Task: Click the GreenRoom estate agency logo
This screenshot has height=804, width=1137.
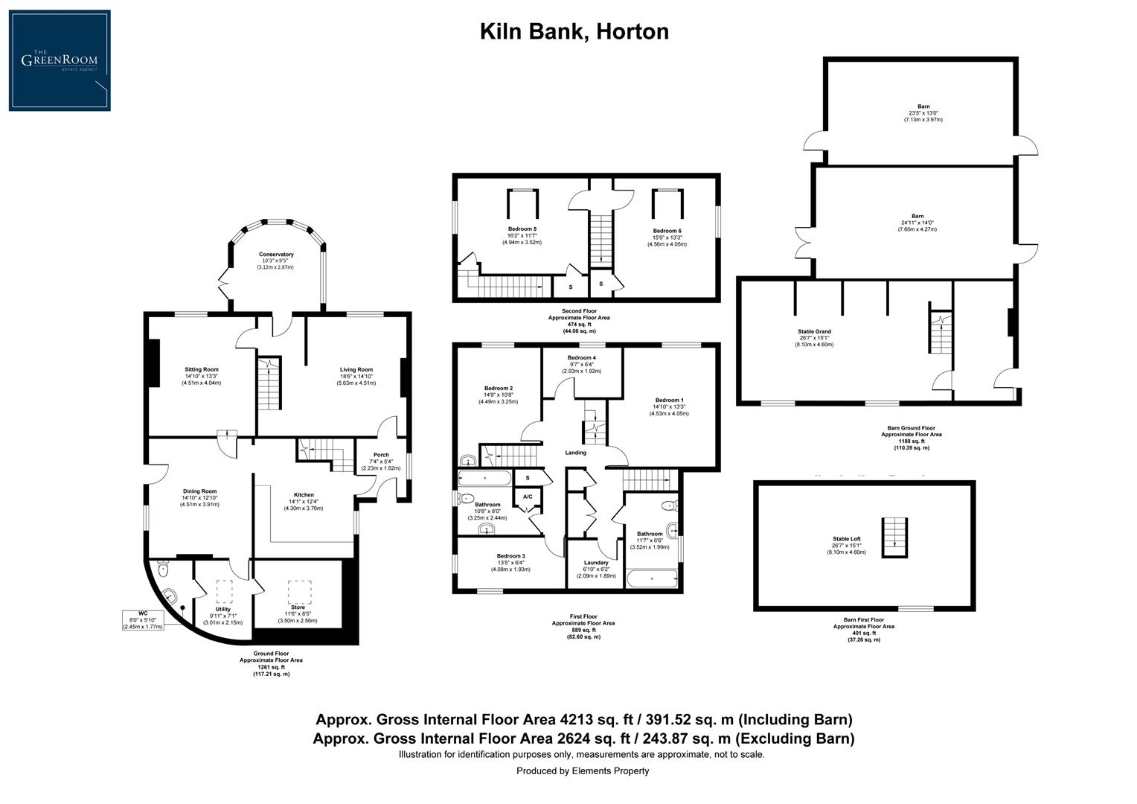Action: pos(60,60)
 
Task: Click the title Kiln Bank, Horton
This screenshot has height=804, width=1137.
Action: pos(574,31)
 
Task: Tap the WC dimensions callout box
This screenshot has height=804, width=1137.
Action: pos(144,620)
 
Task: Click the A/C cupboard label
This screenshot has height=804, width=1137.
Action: pos(528,497)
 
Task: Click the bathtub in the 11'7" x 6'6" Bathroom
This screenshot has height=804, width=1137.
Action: pos(653,578)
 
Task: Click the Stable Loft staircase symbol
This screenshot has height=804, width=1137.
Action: pos(896,537)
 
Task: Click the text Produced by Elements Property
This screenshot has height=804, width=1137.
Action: pos(583,770)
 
